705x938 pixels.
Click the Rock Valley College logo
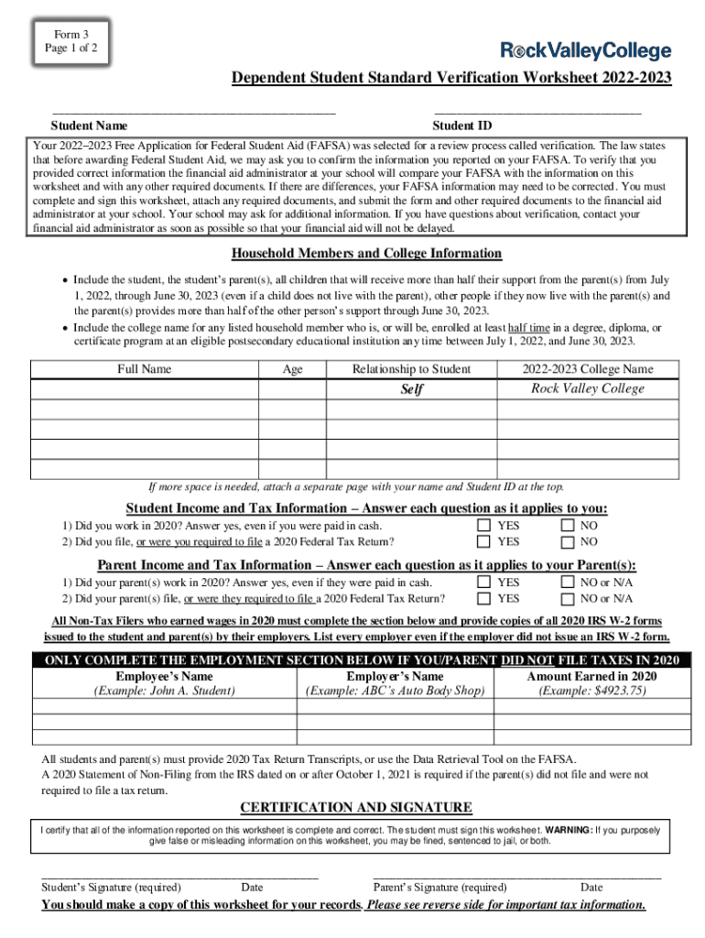pos(585,51)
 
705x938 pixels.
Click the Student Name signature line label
pos(89,125)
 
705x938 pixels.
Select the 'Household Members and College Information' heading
pos(366,254)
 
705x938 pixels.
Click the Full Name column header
pos(144,369)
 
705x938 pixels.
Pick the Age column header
pos(293,369)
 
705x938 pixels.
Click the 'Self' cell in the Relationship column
pos(412,389)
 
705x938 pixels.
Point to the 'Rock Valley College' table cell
pos(588,388)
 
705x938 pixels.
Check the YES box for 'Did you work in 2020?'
pos(483,526)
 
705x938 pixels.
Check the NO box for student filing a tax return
pos(567,542)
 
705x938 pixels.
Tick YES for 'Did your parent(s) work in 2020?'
pos(483,583)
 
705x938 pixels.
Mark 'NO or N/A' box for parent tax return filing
pos(567,599)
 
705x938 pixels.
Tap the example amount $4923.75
pos(592,691)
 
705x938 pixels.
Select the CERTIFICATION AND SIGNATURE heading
pos(356,807)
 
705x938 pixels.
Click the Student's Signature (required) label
pos(111,888)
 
